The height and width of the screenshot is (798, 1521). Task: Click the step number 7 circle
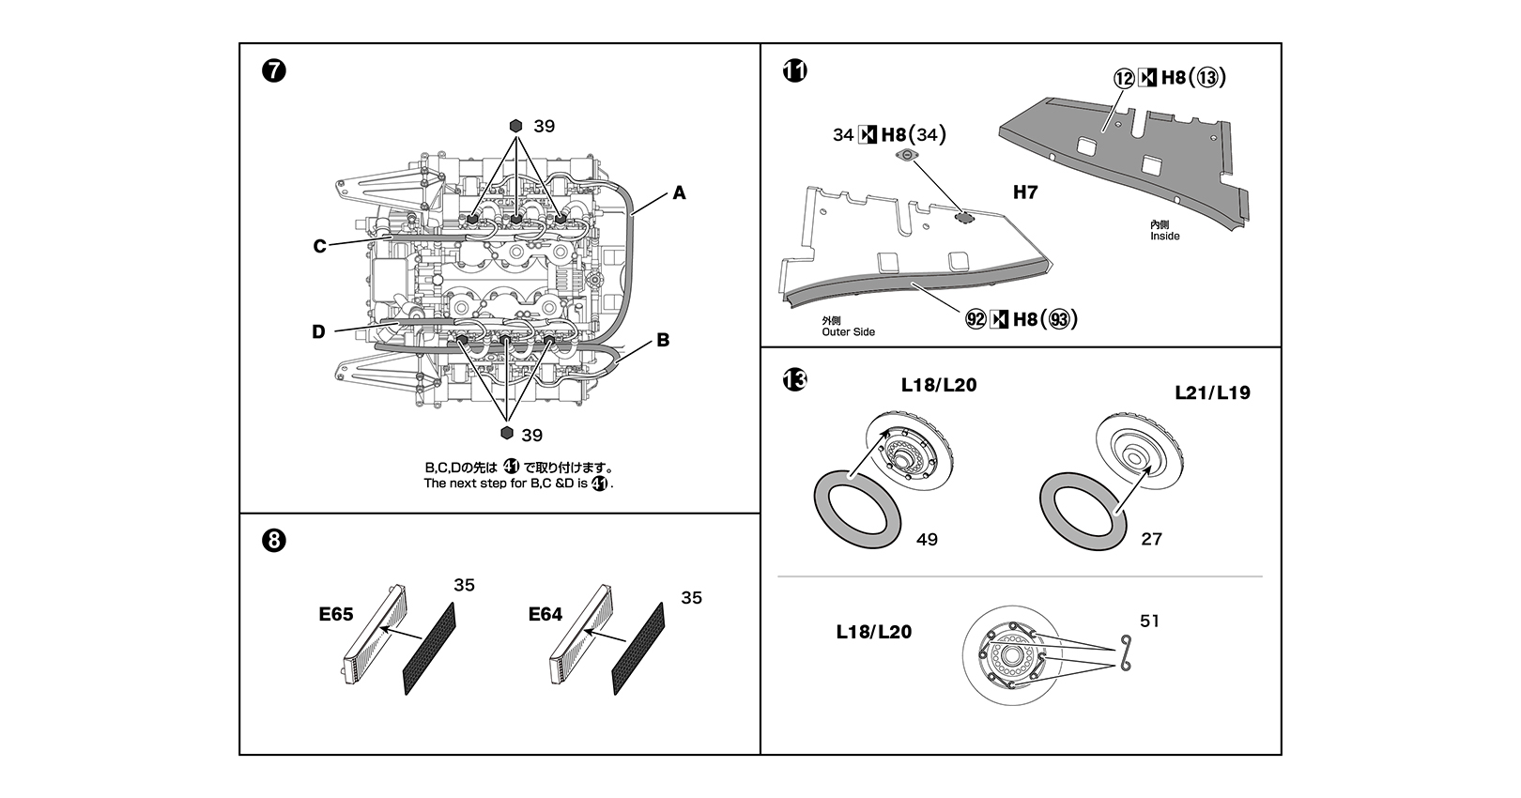click(x=273, y=70)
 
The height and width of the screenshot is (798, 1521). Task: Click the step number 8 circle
click(x=273, y=541)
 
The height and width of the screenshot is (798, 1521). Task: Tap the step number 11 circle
click(x=795, y=70)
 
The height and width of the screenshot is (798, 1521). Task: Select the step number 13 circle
click(x=795, y=379)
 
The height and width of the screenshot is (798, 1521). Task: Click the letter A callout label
click(x=679, y=193)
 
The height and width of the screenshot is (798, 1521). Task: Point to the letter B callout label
click(x=663, y=340)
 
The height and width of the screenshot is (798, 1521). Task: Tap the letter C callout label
click(x=320, y=247)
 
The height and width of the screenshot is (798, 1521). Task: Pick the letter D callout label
click(x=318, y=332)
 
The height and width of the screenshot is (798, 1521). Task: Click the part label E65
click(x=336, y=615)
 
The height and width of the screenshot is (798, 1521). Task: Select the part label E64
click(x=545, y=615)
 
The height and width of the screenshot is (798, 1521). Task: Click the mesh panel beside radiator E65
click(x=429, y=649)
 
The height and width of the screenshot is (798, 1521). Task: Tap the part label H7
click(x=1025, y=192)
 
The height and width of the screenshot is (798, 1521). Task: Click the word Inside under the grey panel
click(x=1165, y=237)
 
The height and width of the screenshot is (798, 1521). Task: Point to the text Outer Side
click(x=848, y=332)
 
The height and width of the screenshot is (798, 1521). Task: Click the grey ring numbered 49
click(x=857, y=511)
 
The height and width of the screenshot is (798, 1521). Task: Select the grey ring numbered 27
click(x=1083, y=511)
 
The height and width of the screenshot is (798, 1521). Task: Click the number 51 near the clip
click(x=1149, y=622)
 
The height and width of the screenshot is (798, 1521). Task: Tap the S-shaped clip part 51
click(x=1125, y=653)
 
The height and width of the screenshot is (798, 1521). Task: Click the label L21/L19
click(x=1212, y=392)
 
